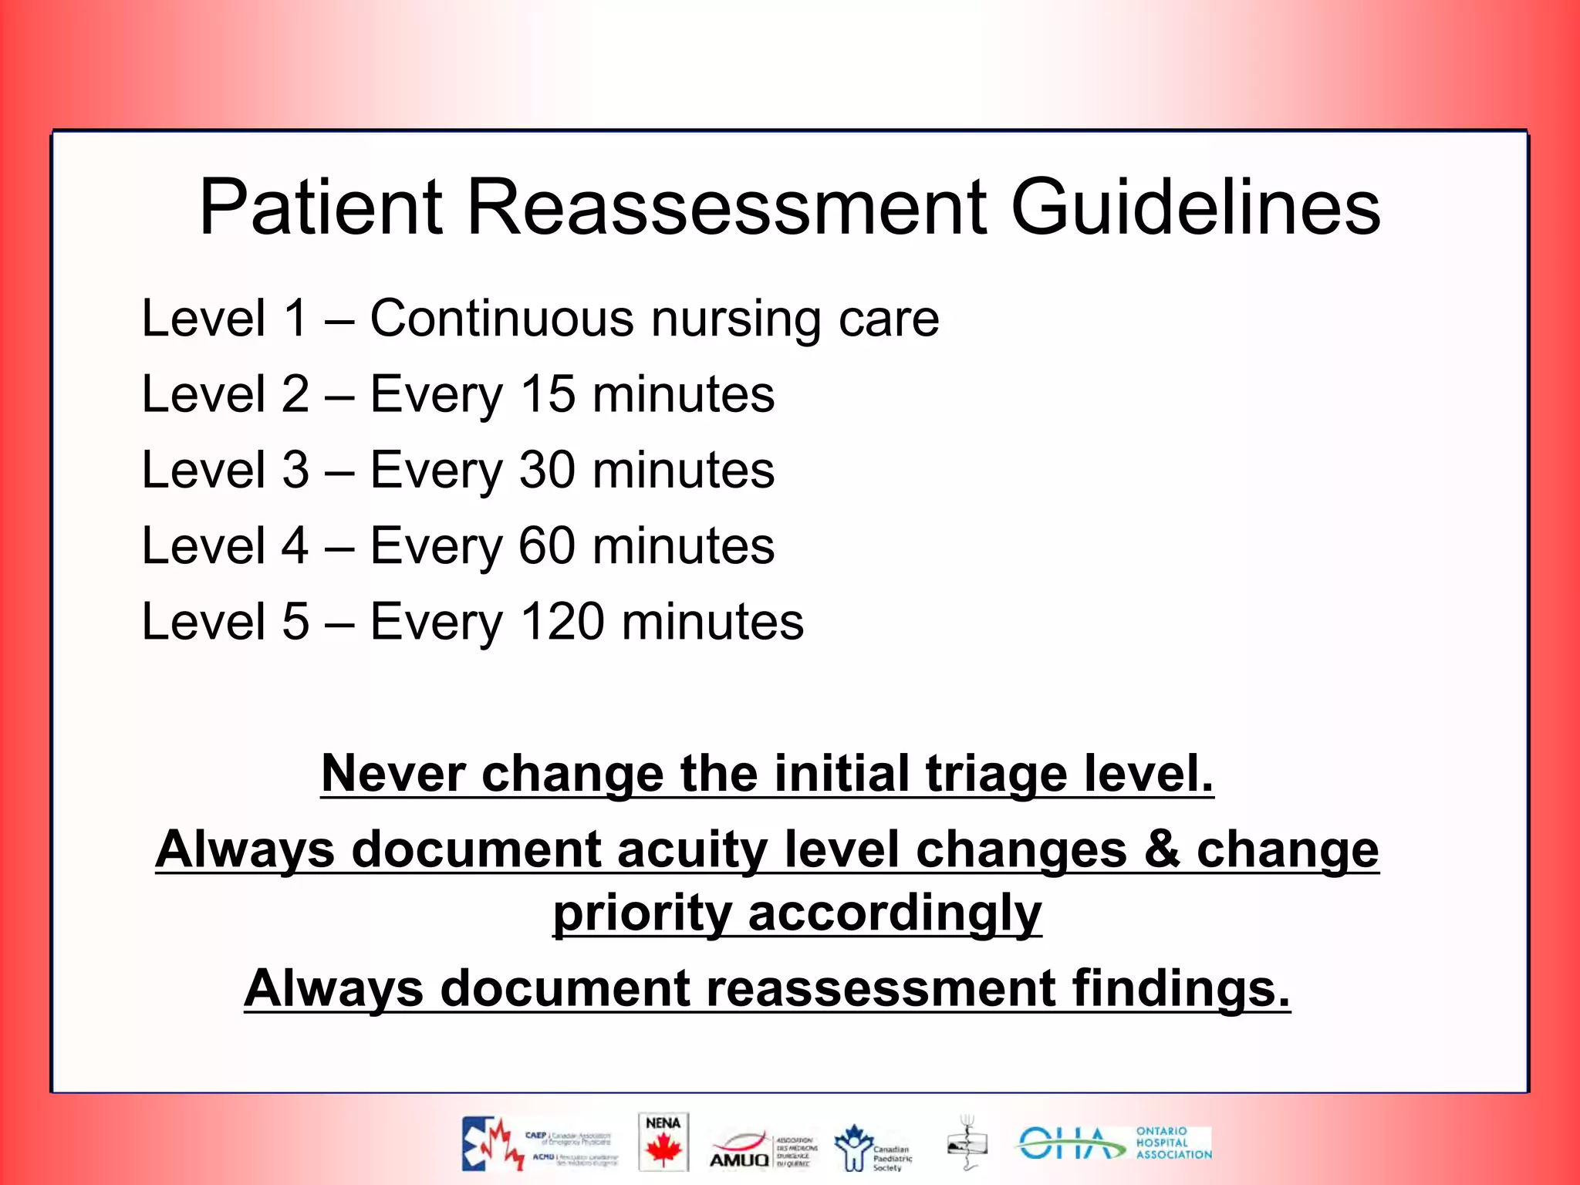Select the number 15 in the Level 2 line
547,394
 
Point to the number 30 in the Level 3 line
547,470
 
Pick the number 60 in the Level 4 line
547,545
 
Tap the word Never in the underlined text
393,773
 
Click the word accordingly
894,913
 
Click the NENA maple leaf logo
663,1143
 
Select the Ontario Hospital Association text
1173,1143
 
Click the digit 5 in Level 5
295,621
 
